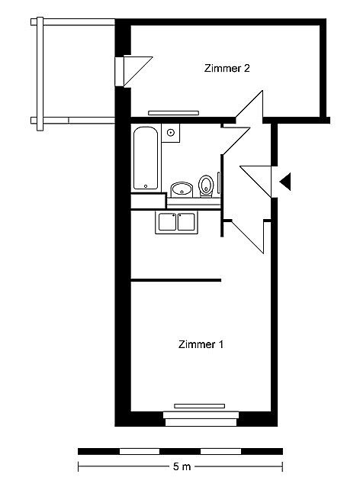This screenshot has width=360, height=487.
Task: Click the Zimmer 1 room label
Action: pos(201,344)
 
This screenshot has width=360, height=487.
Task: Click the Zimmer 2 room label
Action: pos(227,68)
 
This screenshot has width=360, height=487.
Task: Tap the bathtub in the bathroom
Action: pos(146,159)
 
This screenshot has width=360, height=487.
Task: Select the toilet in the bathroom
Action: pos(206,186)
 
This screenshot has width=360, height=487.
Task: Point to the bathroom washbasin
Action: pos(182,189)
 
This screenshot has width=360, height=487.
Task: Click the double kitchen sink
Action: pos(177,222)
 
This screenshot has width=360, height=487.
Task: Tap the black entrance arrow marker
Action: pos(285,182)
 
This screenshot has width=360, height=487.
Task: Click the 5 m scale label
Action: pos(182,466)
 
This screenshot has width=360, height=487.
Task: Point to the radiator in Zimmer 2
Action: pos(173,113)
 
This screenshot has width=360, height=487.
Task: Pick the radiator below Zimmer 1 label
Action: pos(199,406)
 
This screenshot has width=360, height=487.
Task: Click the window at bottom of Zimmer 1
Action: pos(201,418)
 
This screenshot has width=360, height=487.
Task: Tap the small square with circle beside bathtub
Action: pos(171,133)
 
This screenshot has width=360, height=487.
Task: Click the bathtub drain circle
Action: pos(146,186)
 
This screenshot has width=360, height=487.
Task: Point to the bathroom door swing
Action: pos(236,140)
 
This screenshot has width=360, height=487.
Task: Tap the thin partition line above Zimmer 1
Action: pos(176,280)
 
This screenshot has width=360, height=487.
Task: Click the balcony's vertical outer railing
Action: pos(40,74)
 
